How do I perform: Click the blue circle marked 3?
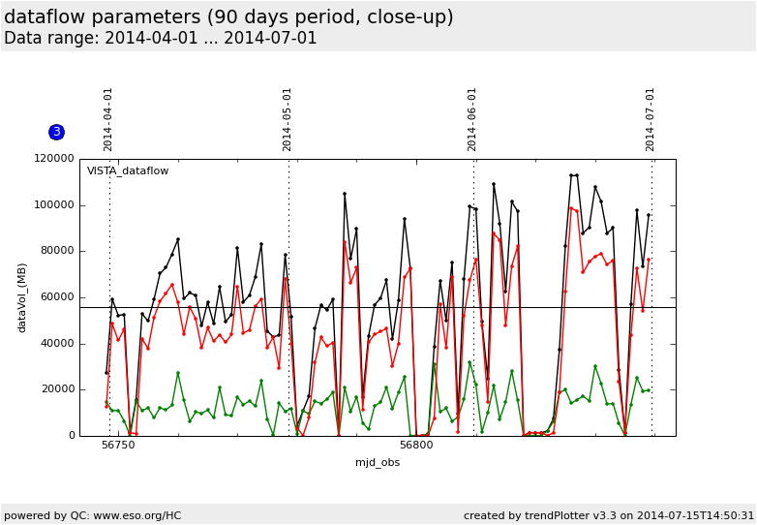click(56, 132)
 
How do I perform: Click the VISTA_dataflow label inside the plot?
click(128, 171)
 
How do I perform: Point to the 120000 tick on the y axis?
click(55, 159)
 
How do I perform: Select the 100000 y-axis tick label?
click(55, 205)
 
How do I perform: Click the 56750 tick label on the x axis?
click(118, 446)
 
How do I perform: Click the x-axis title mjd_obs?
click(378, 462)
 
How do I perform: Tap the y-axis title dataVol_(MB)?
click(22, 296)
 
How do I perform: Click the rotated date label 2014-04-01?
click(108, 119)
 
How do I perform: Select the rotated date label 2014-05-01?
click(288, 119)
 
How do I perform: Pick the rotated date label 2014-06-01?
click(472, 119)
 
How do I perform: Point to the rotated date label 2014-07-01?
click(651, 119)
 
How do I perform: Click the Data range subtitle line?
click(161, 39)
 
